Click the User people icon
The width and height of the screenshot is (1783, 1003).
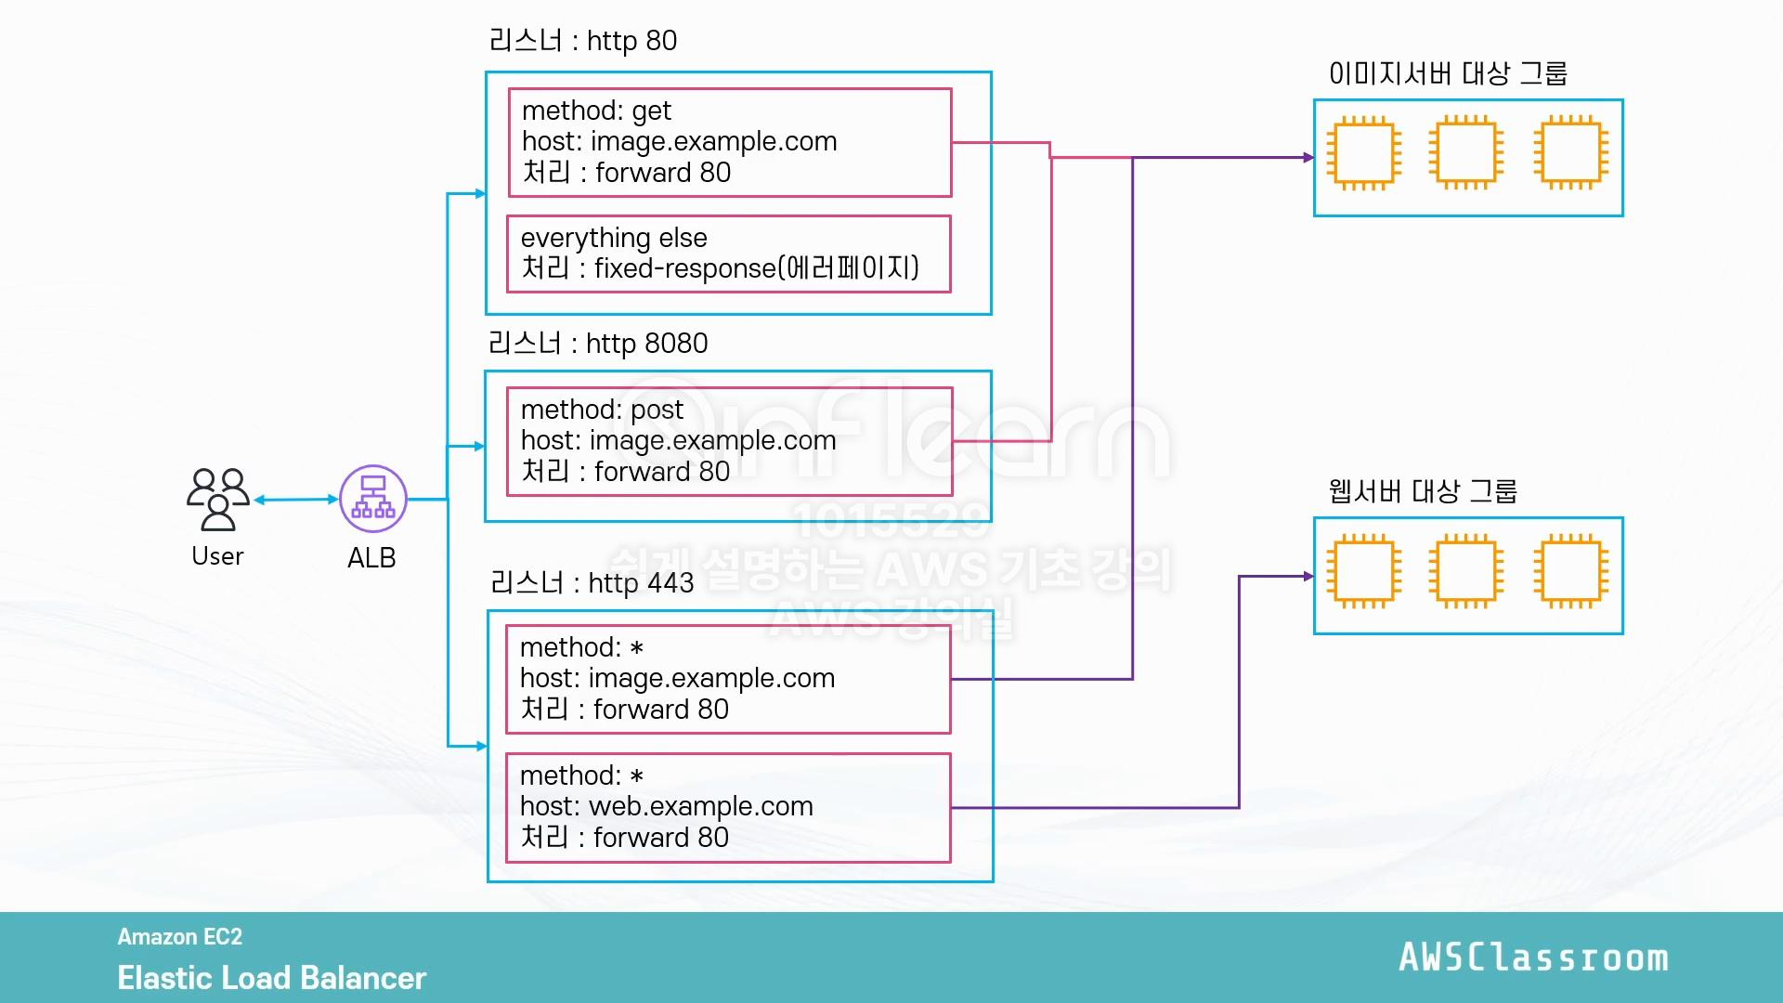218,499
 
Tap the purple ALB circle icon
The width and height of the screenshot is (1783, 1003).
373,499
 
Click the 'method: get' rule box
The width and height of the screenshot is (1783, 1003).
730,142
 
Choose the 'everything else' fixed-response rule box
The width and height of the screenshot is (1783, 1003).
729,254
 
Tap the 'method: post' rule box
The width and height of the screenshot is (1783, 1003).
730,441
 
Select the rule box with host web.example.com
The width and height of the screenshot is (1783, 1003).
728,808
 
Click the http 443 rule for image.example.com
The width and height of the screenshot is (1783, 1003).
728,680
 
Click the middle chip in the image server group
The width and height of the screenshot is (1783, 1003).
1466,153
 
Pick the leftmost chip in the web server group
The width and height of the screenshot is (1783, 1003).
1363,571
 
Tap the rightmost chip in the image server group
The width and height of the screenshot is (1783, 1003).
1570,153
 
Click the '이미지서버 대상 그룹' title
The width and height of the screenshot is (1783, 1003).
1448,73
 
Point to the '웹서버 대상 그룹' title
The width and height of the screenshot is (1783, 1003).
1423,491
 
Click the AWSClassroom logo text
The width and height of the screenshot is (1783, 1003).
1534,957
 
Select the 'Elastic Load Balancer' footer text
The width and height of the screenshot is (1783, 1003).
272,978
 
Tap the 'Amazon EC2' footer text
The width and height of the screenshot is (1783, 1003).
180,937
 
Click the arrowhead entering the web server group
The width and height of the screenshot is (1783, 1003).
1308,577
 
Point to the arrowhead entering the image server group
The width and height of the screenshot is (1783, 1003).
1308,158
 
